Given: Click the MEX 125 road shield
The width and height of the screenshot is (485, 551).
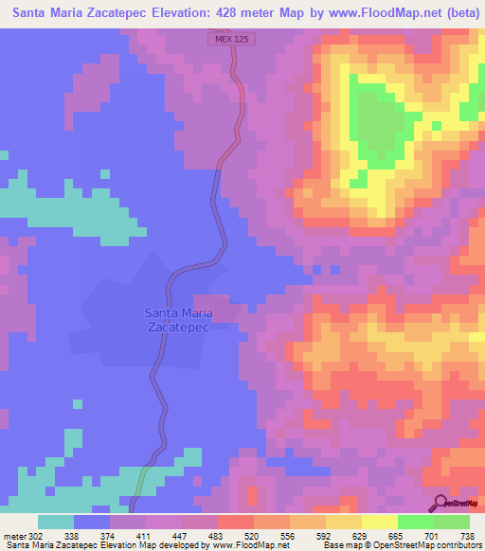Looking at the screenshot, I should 231,39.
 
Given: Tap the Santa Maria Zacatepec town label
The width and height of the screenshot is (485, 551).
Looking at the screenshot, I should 177,319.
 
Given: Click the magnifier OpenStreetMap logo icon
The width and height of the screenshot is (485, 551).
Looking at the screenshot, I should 440,503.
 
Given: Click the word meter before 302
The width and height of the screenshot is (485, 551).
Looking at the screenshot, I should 15,535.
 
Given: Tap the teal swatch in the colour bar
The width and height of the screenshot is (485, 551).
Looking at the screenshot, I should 56,522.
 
